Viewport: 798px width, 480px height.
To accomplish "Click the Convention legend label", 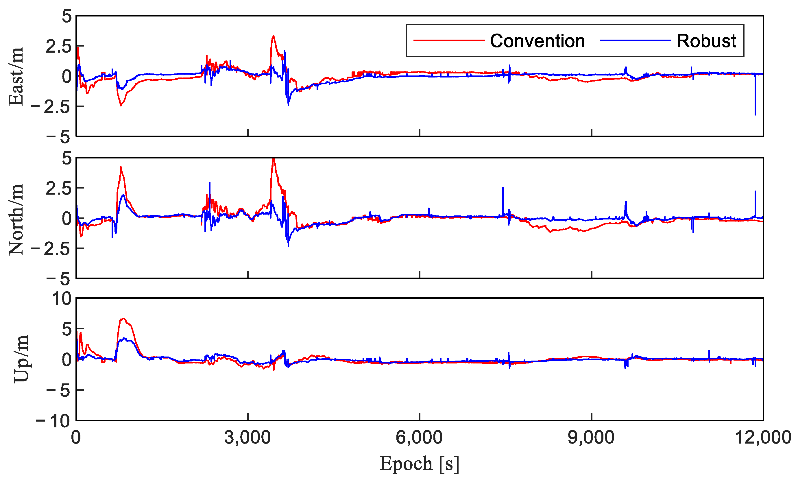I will [x=537, y=41].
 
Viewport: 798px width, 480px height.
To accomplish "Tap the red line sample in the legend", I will [x=448, y=40].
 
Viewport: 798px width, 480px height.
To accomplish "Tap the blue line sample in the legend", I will [x=635, y=40].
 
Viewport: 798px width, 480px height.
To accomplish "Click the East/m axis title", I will [x=16, y=76].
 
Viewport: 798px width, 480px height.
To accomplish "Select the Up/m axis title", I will [x=21, y=359].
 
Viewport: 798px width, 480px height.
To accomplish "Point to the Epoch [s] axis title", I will [x=419, y=464].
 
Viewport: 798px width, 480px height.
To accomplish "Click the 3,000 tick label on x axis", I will [x=248, y=437].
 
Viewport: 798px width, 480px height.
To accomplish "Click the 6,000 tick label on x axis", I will [x=419, y=437].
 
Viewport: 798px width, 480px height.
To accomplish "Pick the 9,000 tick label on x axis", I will [x=591, y=437].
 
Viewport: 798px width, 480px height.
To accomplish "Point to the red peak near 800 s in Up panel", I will [x=123, y=319].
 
